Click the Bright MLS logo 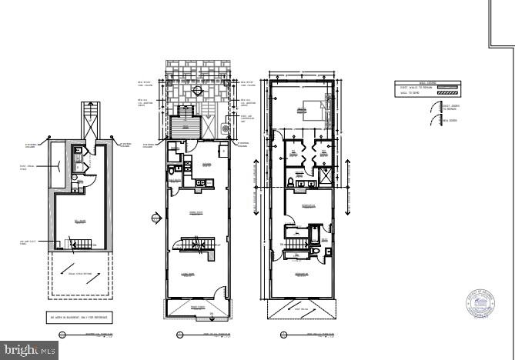[x=28, y=350]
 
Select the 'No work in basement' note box [x=79, y=316]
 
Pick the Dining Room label [x=196, y=212]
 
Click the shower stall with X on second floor [x=326, y=177]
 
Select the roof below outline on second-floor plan [x=300, y=309]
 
